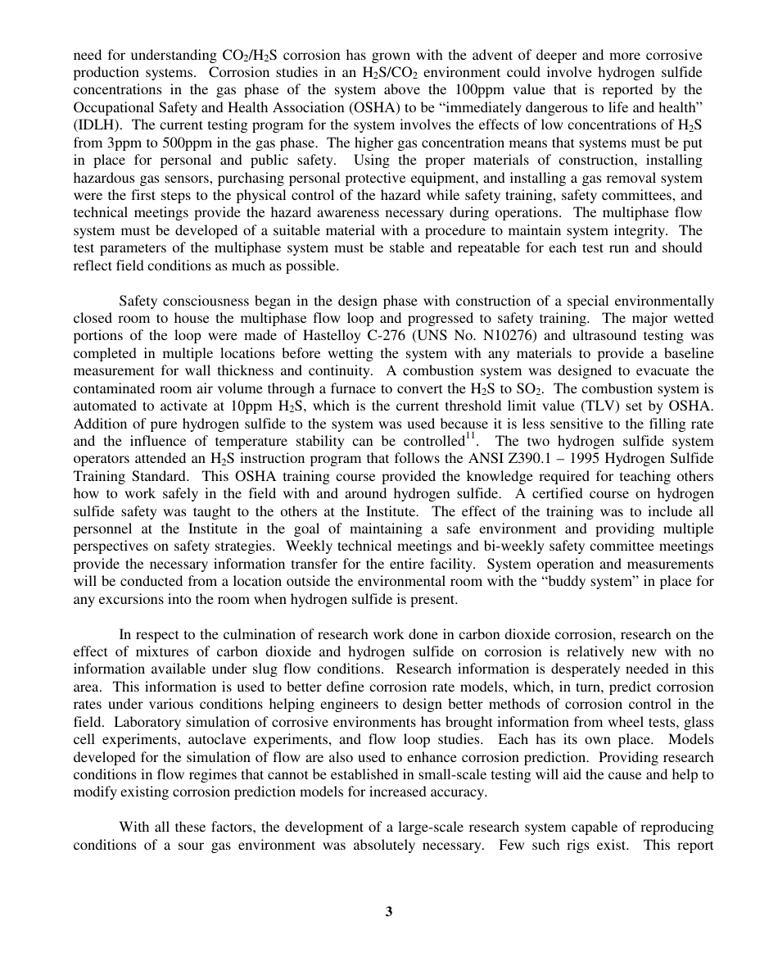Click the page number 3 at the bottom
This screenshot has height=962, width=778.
(x=389, y=911)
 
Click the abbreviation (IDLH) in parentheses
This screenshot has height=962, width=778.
(x=95, y=125)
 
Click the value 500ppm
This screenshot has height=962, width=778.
(x=169, y=142)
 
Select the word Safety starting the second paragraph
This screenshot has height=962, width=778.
(x=140, y=301)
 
